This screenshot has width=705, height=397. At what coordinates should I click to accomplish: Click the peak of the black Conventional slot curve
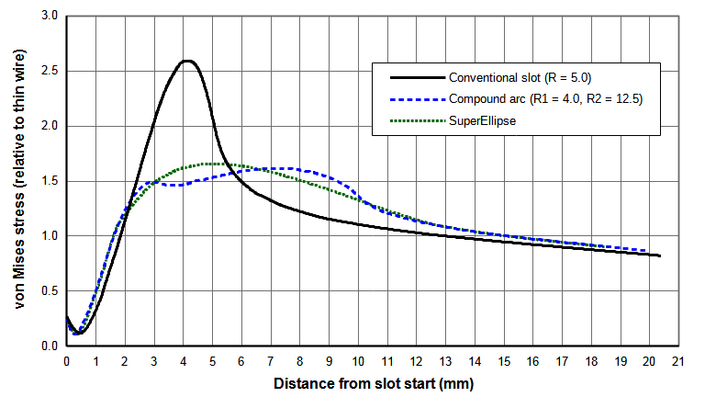pyautogui.click(x=187, y=61)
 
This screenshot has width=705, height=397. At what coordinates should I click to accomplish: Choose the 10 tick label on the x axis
pyautogui.click(x=358, y=362)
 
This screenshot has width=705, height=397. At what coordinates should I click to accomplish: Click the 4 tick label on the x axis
pyautogui.click(x=183, y=362)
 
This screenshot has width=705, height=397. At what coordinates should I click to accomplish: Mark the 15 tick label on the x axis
pyautogui.click(x=504, y=362)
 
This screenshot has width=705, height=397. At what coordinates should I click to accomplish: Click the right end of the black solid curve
pyautogui.click(x=659, y=255)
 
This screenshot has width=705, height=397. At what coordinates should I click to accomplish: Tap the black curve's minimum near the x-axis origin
pyautogui.click(x=77, y=334)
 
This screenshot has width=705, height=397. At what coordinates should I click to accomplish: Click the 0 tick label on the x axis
pyautogui.click(x=67, y=362)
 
